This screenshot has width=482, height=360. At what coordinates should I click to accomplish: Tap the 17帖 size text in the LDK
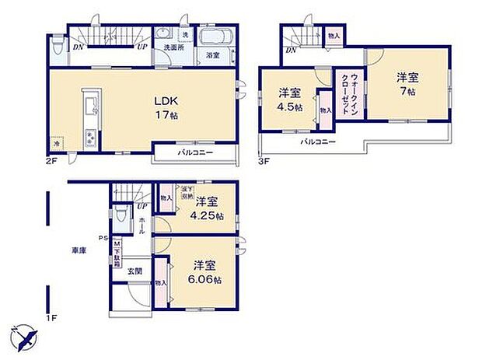point(162,115)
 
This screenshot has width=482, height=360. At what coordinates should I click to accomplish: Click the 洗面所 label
point(172,47)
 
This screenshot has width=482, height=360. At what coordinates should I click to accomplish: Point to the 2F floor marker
point(51,159)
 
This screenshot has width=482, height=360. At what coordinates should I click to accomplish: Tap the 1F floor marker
point(51,317)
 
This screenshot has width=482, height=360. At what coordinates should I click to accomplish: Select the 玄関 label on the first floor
point(135,271)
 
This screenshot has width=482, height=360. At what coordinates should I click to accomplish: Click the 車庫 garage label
point(79,250)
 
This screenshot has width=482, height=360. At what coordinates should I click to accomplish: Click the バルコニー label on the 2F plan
point(195,153)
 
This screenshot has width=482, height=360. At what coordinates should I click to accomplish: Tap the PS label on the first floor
point(103,238)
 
